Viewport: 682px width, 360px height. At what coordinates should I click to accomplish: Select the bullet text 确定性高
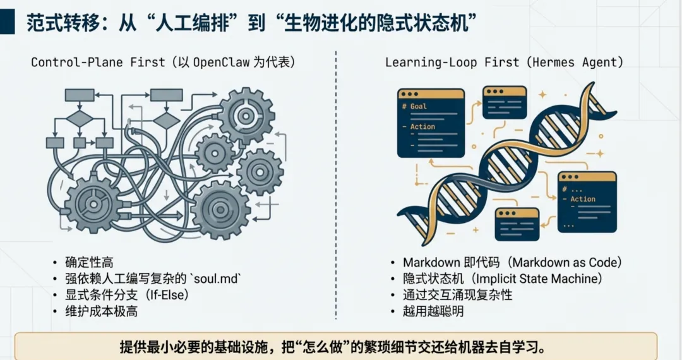pyautogui.click(x=89, y=263)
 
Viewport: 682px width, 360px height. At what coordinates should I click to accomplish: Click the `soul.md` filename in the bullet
pyautogui.click(x=218, y=279)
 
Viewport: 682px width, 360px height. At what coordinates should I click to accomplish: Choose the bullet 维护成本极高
pyautogui.click(x=101, y=311)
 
